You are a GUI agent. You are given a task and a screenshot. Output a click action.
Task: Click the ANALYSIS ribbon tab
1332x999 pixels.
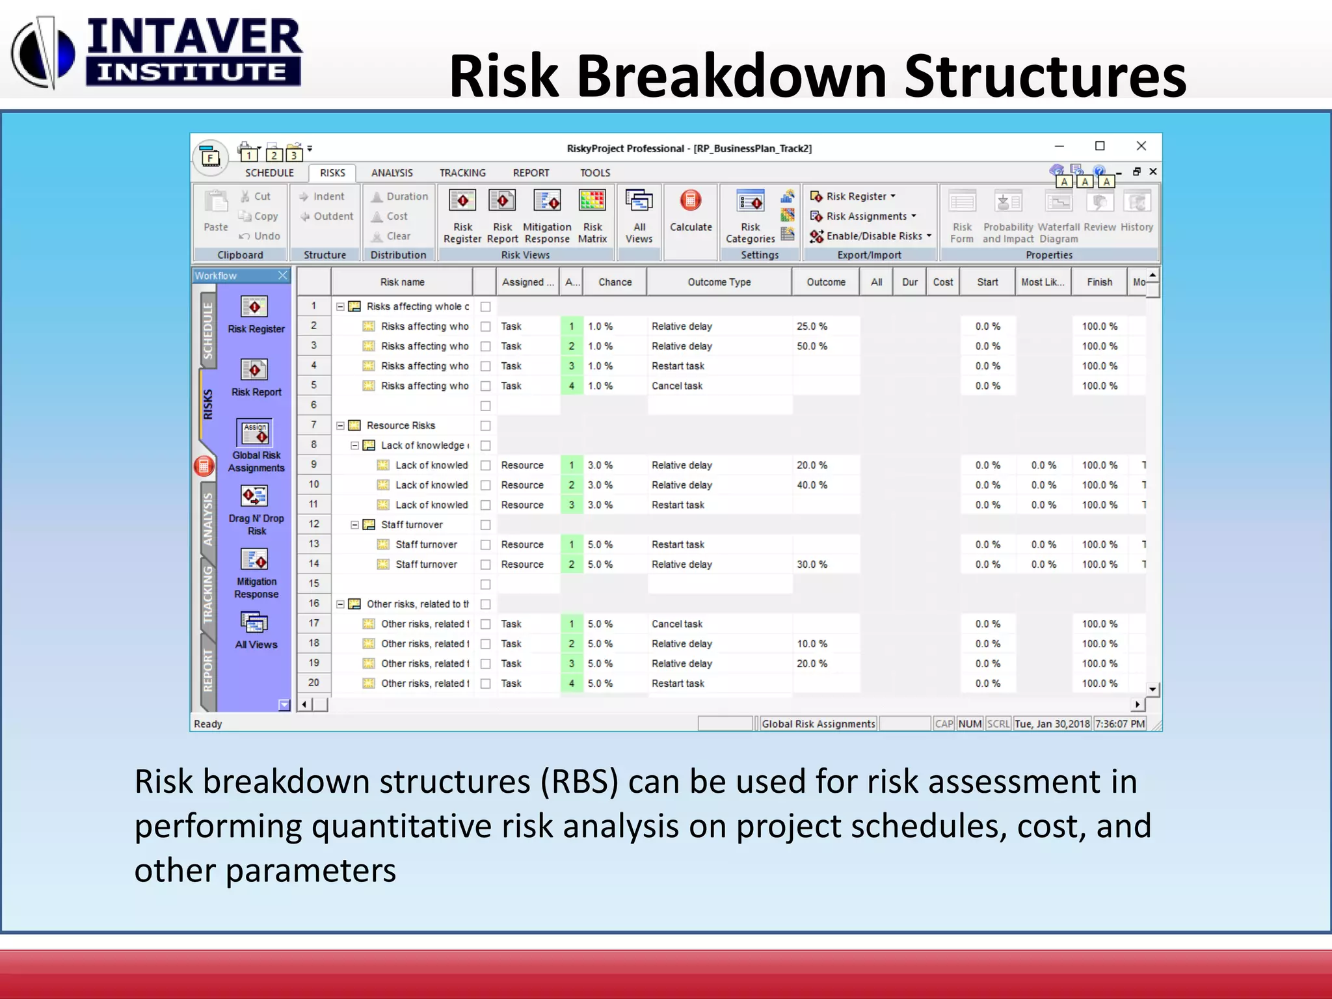click(x=392, y=173)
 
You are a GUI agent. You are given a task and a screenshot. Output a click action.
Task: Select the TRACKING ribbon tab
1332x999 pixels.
click(x=462, y=173)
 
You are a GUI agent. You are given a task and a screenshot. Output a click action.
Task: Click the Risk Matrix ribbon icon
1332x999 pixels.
click(x=592, y=215)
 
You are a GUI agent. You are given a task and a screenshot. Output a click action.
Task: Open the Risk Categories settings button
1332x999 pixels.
click(x=750, y=215)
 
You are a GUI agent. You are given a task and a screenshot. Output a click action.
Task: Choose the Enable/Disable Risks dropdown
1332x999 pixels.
click(x=872, y=236)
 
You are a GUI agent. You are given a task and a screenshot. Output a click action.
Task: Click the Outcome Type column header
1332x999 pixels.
click(x=719, y=282)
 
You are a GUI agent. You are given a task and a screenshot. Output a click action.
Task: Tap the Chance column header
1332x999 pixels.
click(x=615, y=282)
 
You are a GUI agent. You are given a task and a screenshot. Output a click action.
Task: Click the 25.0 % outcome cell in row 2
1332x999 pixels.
click(x=812, y=326)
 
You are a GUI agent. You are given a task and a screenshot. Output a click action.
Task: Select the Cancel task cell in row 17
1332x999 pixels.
click(x=677, y=624)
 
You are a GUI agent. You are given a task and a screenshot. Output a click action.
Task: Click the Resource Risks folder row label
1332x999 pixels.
click(x=401, y=425)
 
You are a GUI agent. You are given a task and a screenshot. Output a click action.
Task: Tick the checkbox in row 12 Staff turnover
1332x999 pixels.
click(x=485, y=525)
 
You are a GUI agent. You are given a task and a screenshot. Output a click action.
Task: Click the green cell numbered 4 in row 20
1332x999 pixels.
click(x=572, y=684)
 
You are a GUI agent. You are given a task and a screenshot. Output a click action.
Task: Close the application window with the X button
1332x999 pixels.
click(x=1141, y=146)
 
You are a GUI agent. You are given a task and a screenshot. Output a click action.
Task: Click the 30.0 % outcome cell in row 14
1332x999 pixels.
click(x=812, y=565)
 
